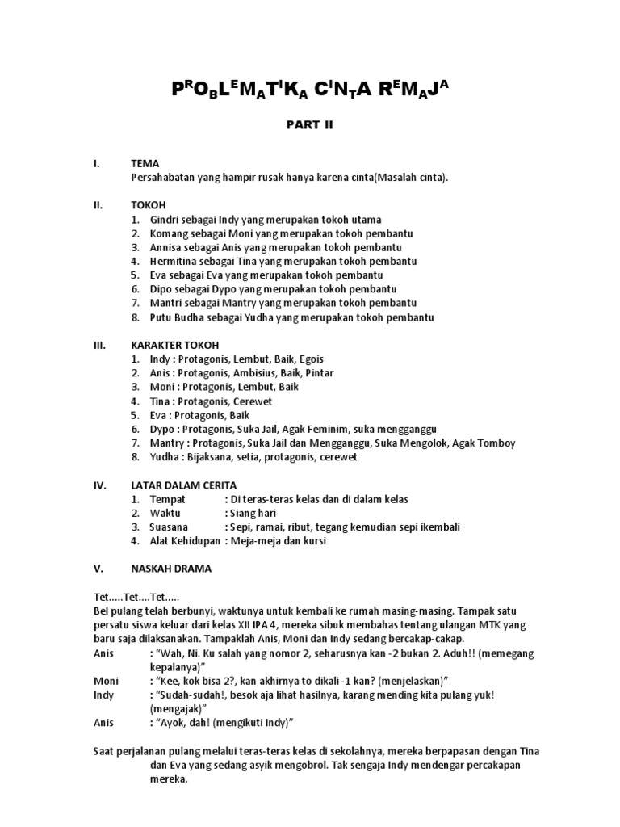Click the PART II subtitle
[x=309, y=125]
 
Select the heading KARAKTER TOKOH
[x=172, y=345]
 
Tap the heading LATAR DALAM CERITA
[x=184, y=485]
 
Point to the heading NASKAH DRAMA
[x=170, y=568]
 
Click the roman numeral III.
[x=100, y=345]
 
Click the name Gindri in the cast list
[x=165, y=220]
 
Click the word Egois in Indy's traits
[x=310, y=359]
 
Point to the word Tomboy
[x=496, y=443]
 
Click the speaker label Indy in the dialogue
[x=104, y=695]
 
